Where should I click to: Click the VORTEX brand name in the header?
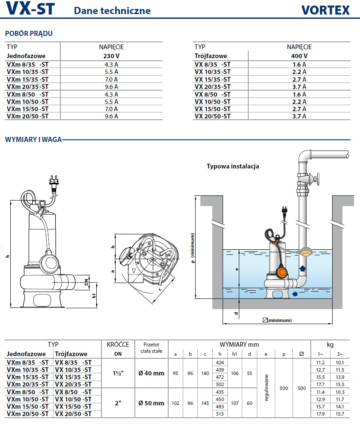click(325, 10)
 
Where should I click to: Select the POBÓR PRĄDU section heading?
click(29, 33)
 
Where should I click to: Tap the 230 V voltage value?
click(111, 56)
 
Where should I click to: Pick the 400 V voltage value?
click(299, 56)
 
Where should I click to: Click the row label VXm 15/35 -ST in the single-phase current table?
click(28, 79)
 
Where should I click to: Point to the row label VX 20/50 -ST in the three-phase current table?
click(212, 116)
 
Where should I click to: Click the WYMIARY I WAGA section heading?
click(33, 139)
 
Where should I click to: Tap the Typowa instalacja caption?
click(233, 166)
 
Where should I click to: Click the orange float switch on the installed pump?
click(282, 272)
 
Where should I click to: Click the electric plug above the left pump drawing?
click(54, 181)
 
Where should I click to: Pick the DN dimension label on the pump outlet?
click(86, 282)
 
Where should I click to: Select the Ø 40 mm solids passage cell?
click(151, 373)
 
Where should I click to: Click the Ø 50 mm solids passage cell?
click(151, 403)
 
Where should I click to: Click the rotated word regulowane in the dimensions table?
click(266, 388)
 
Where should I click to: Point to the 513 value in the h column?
click(220, 414)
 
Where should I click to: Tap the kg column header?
click(330, 345)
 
